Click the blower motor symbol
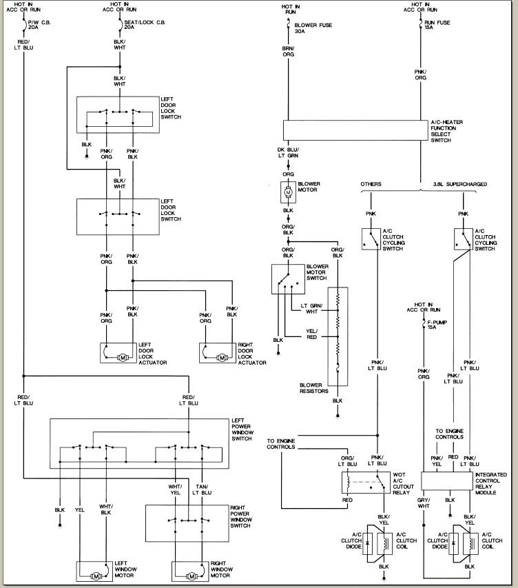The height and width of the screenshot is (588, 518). (289, 190)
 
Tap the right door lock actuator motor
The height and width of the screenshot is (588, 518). (222, 357)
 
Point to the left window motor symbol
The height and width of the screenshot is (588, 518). (97, 575)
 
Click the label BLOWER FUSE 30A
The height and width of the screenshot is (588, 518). (309, 28)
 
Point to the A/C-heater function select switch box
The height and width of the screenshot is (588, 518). (351, 130)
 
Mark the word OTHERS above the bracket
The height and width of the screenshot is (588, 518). (371, 184)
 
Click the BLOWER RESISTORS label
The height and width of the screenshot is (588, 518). (313, 388)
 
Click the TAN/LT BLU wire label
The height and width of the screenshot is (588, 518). (202, 490)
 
